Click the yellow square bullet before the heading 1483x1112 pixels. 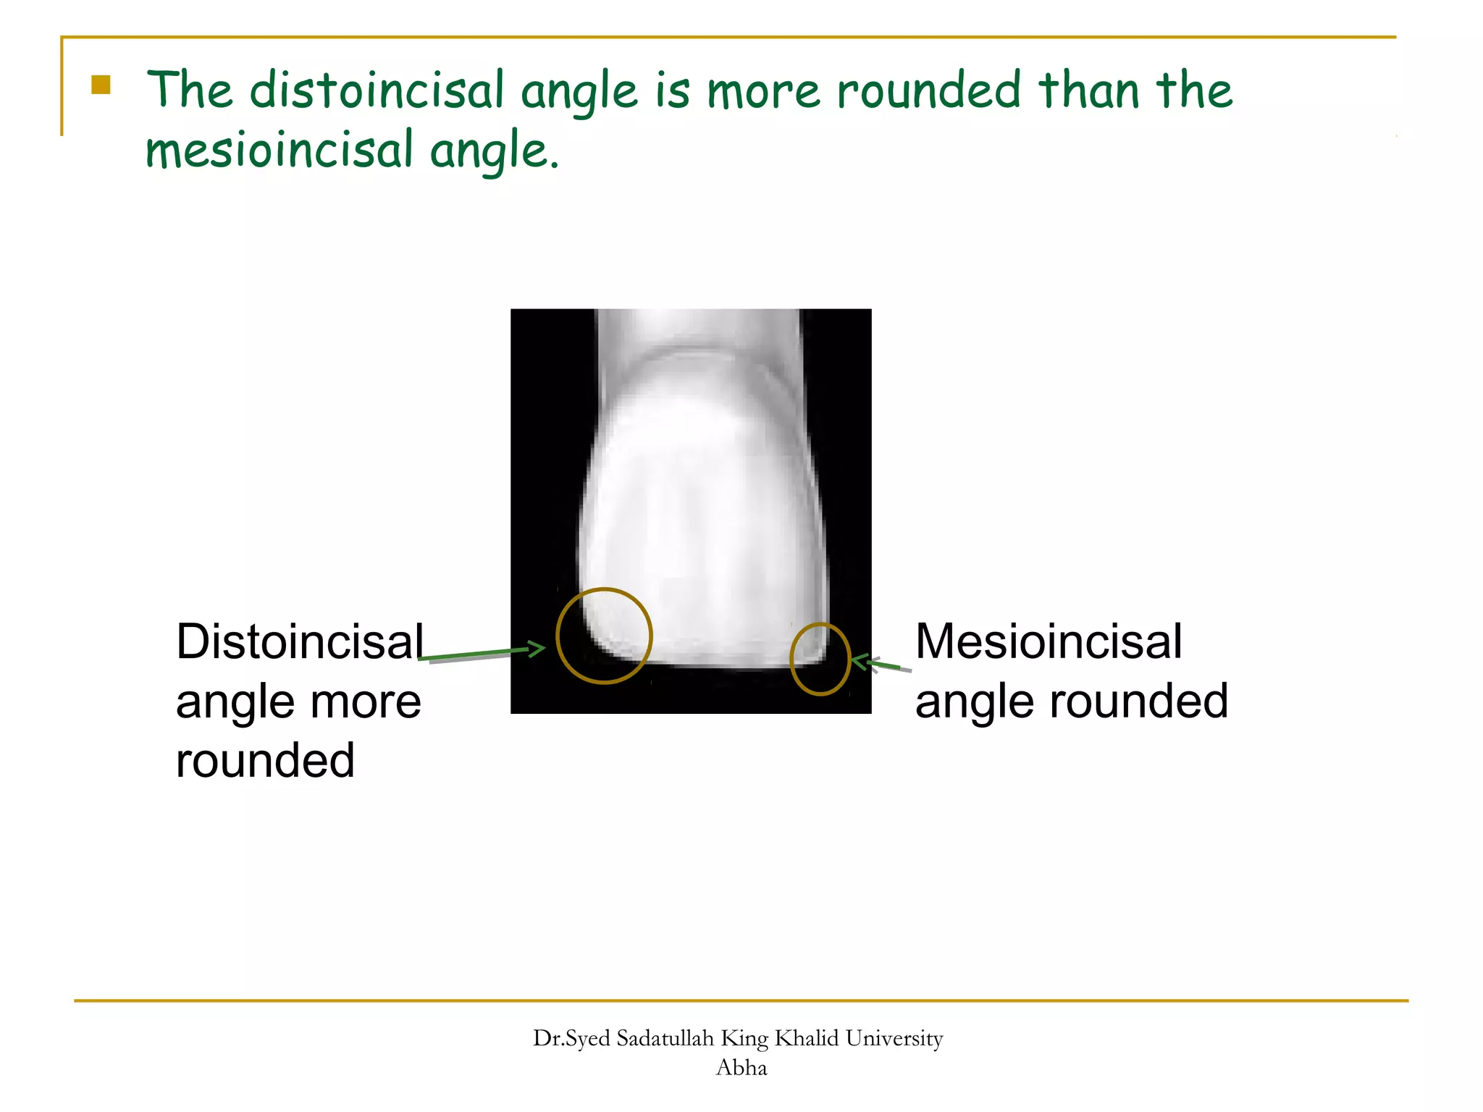click(101, 85)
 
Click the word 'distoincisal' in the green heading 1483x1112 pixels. click(376, 91)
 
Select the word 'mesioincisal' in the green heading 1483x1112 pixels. click(279, 150)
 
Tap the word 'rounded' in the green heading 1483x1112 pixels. click(928, 91)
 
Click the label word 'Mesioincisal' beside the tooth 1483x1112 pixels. click(1048, 641)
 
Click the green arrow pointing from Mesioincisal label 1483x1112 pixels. click(878, 664)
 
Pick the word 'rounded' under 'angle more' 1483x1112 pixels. click(265, 761)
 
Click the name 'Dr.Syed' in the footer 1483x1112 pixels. click(571, 1039)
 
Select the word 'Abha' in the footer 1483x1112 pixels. click(741, 1068)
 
